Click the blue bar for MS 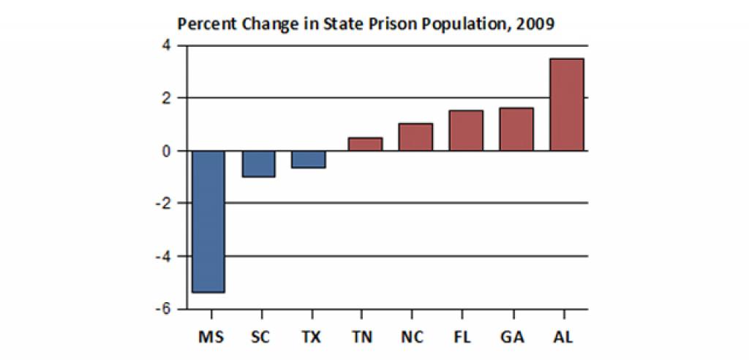click(208, 221)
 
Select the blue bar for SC click(258, 163)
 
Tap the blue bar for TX click(308, 159)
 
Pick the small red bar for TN click(365, 144)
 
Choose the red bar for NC click(415, 137)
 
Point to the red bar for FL click(466, 130)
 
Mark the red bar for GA click(516, 129)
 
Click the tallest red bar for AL click(567, 105)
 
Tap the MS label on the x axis click(211, 337)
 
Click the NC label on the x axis click(413, 337)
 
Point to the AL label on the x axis click(564, 337)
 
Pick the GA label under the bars click(513, 337)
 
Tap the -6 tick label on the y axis click(163, 310)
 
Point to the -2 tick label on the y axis click(163, 203)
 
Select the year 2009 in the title click(536, 23)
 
